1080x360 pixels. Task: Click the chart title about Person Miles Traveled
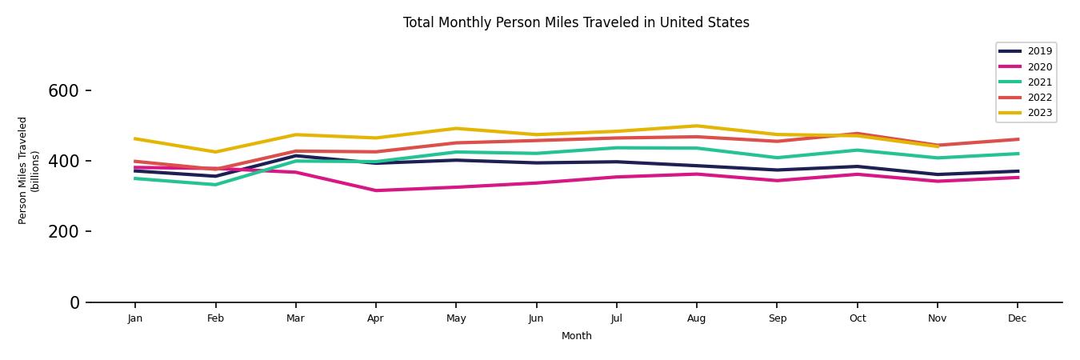click(x=576, y=22)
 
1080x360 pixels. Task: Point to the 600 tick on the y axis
click(x=63, y=91)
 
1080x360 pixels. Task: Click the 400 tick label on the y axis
click(x=63, y=162)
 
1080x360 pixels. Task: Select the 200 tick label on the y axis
click(x=63, y=232)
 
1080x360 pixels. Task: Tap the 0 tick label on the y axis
click(x=74, y=302)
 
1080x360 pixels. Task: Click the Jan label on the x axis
click(x=135, y=318)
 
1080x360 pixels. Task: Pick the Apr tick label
click(x=375, y=318)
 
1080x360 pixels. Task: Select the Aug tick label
click(x=697, y=318)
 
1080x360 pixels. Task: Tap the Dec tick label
click(x=1017, y=318)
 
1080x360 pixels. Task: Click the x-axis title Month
click(x=576, y=336)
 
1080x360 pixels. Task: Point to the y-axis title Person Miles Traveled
click(x=29, y=170)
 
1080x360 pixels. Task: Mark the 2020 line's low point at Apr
click(x=375, y=190)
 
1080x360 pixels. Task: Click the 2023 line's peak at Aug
click(x=697, y=126)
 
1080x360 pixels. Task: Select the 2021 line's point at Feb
click(x=215, y=185)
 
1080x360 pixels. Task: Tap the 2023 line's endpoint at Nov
click(x=937, y=146)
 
